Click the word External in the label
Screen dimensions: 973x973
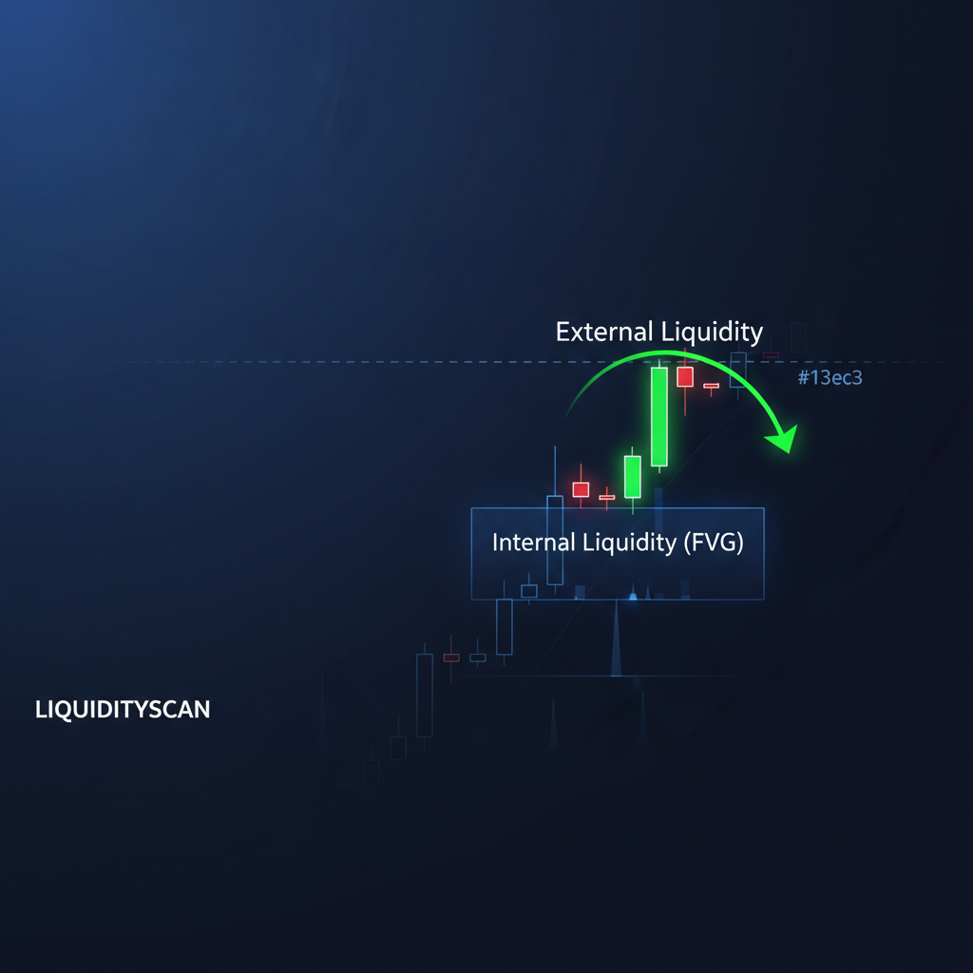tap(603, 332)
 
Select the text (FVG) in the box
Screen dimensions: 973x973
tap(714, 543)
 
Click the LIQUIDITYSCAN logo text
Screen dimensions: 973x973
tap(123, 709)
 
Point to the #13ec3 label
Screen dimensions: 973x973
tap(830, 377)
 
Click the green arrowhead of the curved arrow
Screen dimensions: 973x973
tap(783, 439)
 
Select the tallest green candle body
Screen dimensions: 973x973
tap(659, 416)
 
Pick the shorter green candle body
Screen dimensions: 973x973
tap(632, 477)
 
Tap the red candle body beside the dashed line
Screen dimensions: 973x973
tap(685, 376)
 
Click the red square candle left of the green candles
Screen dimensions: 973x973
tap(581, 489)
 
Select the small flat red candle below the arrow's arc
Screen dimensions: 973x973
tap(711, 386)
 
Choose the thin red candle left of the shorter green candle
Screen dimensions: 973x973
tap(607, 497)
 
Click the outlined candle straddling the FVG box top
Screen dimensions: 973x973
tap(555, 540)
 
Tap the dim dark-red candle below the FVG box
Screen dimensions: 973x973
tap(451, 658)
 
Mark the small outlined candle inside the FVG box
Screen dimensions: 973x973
tap(529, 591)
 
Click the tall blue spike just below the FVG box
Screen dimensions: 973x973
tap(616, 639)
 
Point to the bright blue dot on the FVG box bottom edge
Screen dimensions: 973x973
tap(633, 597)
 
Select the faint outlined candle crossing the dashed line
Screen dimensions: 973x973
tap(737, 370)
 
